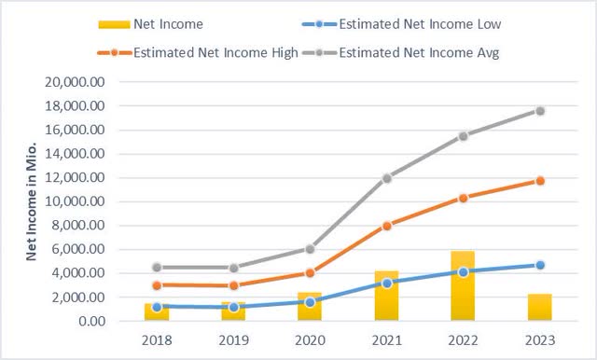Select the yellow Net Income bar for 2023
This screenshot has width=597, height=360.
pyautogui.click(x=539, y=308)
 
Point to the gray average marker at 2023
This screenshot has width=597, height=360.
pyautogui.click(x=539, y=111)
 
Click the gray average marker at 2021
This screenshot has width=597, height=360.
pyautogui.click(x=386, y=177)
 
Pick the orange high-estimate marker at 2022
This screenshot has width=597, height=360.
pyautogui.click(x=463, y=198)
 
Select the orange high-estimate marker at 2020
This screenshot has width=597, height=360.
pyautogui.click(x=310, y=273)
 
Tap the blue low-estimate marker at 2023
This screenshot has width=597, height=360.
pyautogui.click(x=539, y=266)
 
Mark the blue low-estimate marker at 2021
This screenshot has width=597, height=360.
pyautogui.click(x=386, y=283)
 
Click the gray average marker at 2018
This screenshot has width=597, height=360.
pyautogui.click(x=157, y=268)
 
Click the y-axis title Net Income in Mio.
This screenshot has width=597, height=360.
pyautogui.click(x=32, y=201)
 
